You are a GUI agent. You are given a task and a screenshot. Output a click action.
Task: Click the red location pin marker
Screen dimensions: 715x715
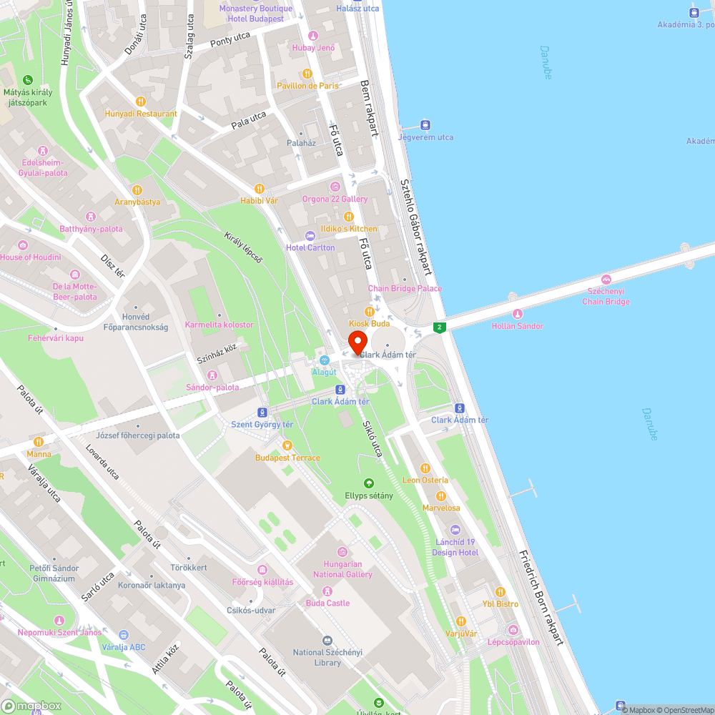[x=357, y=342]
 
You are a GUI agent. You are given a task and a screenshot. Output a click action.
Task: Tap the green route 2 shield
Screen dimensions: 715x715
[x=439, y=327]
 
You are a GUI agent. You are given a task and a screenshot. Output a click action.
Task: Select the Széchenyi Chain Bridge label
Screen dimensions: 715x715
[x=606, y=296]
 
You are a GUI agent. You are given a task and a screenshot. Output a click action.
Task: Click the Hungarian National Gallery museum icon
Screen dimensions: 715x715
[x=342, y=551]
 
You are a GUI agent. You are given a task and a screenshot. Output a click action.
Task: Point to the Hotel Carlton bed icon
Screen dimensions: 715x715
[x=310, y=235]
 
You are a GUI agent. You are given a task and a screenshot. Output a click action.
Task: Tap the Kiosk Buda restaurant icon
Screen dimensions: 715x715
[x=370, y=311]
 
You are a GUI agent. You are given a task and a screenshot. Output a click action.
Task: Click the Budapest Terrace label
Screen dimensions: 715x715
[x=287, y=458]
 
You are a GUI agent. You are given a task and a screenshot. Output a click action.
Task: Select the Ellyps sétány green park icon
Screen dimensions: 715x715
[x=369, y=483]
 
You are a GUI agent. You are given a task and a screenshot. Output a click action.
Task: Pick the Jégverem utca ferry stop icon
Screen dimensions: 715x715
[x=426, y=124]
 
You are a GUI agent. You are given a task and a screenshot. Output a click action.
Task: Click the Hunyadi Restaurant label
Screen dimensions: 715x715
[x=141, y=114]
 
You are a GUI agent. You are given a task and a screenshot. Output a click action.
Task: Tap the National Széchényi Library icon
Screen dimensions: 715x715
[x=327, y=641]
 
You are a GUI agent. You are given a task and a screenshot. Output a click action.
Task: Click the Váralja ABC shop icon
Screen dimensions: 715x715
[x=123, y=634]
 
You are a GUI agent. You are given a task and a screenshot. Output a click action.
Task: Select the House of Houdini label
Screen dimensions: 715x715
[x=31, y=257]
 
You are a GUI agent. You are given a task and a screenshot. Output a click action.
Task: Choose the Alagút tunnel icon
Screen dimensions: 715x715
[x=325, y=360]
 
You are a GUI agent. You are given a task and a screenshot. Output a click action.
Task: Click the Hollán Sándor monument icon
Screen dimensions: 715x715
[x=518, y=314]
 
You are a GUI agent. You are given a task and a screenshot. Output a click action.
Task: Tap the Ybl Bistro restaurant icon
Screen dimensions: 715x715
[x=500, y=592]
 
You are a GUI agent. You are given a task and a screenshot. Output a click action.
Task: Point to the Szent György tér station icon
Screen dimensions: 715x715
[x=262, y=413]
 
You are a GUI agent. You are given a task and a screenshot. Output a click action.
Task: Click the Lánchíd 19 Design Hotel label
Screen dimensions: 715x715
[x=456, y=547]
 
